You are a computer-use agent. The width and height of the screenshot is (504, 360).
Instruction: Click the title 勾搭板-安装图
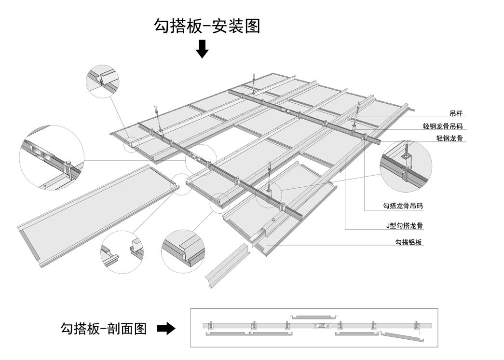[x=207, y=26]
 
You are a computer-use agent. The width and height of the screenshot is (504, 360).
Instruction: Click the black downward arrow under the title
[x=202, y=49]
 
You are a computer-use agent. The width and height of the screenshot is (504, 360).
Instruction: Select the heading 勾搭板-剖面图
[x=103, y=329]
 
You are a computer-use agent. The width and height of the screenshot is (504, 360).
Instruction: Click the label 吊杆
[x=455, y=114]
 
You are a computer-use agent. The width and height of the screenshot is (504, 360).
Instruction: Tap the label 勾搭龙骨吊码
[x=403, y=206]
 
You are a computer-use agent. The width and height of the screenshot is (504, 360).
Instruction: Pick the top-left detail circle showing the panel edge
[x=103, y=81]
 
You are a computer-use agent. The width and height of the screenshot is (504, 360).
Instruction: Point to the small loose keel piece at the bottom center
[x=226, y=266]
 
